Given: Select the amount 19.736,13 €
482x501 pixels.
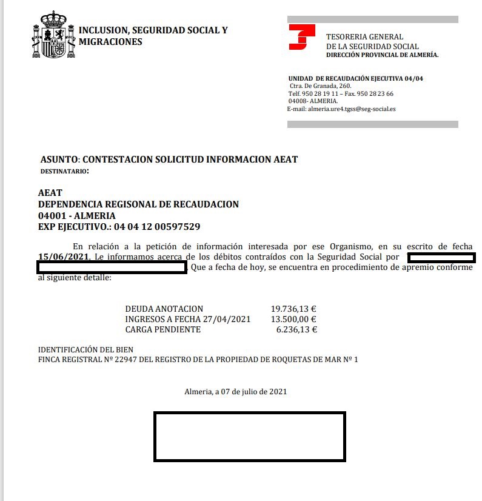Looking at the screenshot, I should point(294,309).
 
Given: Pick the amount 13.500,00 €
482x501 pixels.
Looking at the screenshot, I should point(294,319).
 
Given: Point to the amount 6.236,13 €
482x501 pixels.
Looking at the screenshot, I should point(296,330).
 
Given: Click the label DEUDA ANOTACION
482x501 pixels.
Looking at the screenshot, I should point(164,309).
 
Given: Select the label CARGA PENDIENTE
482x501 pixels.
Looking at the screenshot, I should point(162,330).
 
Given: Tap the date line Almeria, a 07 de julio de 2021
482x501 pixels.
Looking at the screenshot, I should point(236,391).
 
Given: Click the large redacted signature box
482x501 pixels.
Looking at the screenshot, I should point(249,437).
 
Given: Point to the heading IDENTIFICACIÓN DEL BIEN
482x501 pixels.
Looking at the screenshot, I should point(85,350).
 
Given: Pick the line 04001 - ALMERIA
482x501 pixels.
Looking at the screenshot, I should point(76,215).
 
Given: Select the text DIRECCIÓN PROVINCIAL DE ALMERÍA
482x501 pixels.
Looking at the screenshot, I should point(382,55).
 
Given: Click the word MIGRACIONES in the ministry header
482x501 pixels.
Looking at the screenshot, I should point(110,42).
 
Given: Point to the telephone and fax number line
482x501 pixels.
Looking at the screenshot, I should point(341,94).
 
